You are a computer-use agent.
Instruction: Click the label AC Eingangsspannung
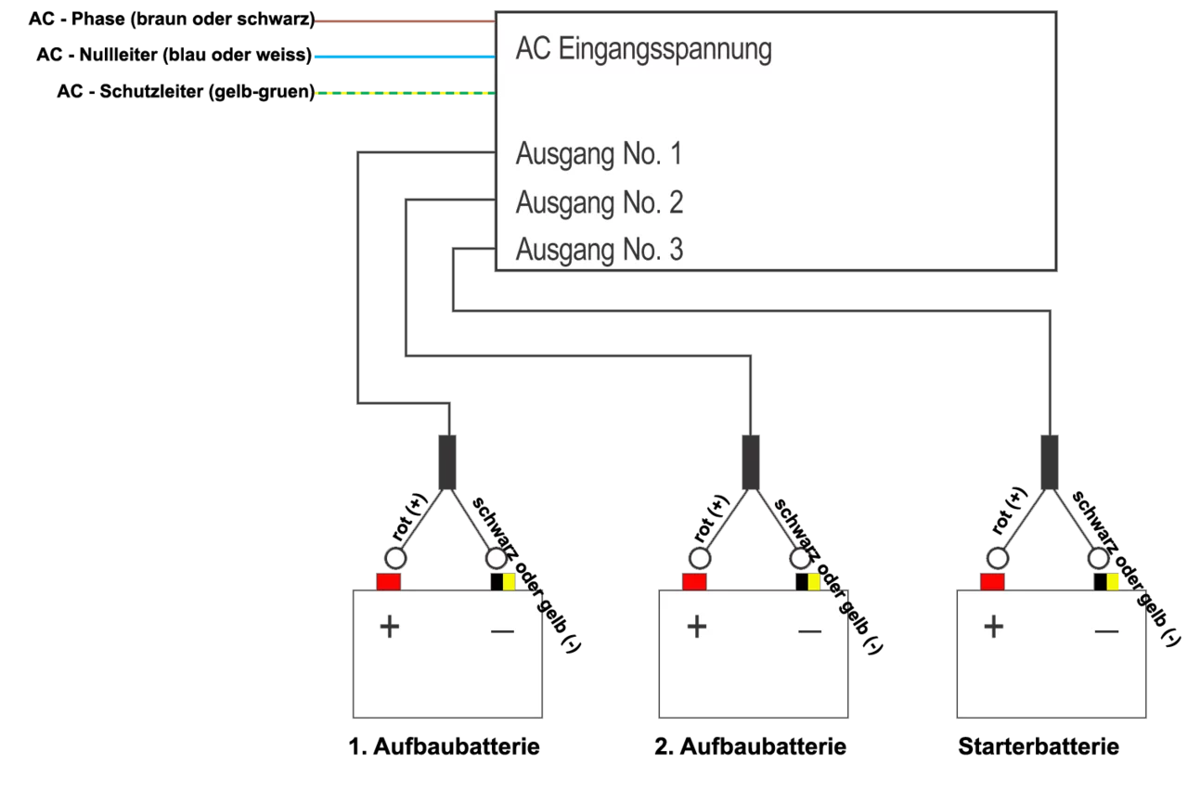[x=643, y=49]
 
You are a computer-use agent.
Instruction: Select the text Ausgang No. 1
[x=599, y=154]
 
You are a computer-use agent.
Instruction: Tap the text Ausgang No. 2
[x=599, y=202]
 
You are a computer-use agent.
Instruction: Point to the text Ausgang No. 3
[x=599, y=250]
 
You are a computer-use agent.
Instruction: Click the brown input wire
[x=404, y=21]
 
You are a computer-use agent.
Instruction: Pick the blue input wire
[x=404, y=57]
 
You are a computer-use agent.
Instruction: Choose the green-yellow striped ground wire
[x=404, y=93]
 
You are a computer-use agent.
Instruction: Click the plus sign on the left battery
[x=390, y=627]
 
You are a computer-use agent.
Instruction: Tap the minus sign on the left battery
[x=502, y=632]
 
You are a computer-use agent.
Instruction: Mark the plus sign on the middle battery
[x=697, y=627]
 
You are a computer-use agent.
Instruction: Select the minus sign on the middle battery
[x=809, y=632]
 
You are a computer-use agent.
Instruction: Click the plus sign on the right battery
[x=994, y=627]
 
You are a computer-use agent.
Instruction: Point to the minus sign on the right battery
[x=1106, y=632]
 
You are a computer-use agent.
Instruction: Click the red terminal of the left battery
[x=388, y=581]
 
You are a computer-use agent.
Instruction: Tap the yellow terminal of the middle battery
[x=814, y=582]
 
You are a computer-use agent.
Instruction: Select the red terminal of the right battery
[x=992, y=581]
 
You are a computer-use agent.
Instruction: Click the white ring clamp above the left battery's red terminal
[x=395, y=558]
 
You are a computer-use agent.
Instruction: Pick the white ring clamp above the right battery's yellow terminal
[x=1098, y=558]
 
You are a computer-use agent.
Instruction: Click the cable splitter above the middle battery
[x=749, y=460]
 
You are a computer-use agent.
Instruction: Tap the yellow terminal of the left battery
[x=509, y=582]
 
